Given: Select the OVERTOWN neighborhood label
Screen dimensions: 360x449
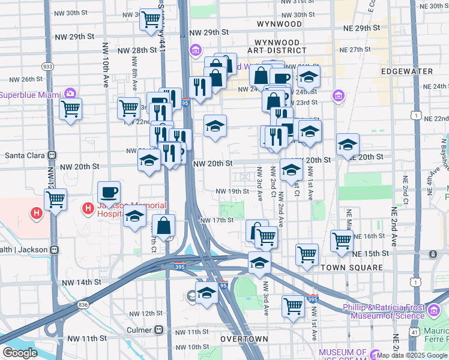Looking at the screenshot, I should click(244, 339).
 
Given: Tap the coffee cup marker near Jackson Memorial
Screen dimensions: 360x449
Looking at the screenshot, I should click(109, 193).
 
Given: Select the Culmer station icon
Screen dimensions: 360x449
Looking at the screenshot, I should click(159, 330).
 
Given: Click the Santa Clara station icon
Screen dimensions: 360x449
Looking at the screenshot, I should click(52, 154).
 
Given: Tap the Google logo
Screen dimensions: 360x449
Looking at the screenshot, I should click(20, 353).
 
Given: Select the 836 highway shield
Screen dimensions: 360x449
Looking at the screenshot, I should click(83, 305).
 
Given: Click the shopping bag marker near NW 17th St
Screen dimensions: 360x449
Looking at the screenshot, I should click(163, 226).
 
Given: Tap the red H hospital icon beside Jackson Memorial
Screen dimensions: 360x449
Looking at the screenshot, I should click(88, 208).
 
